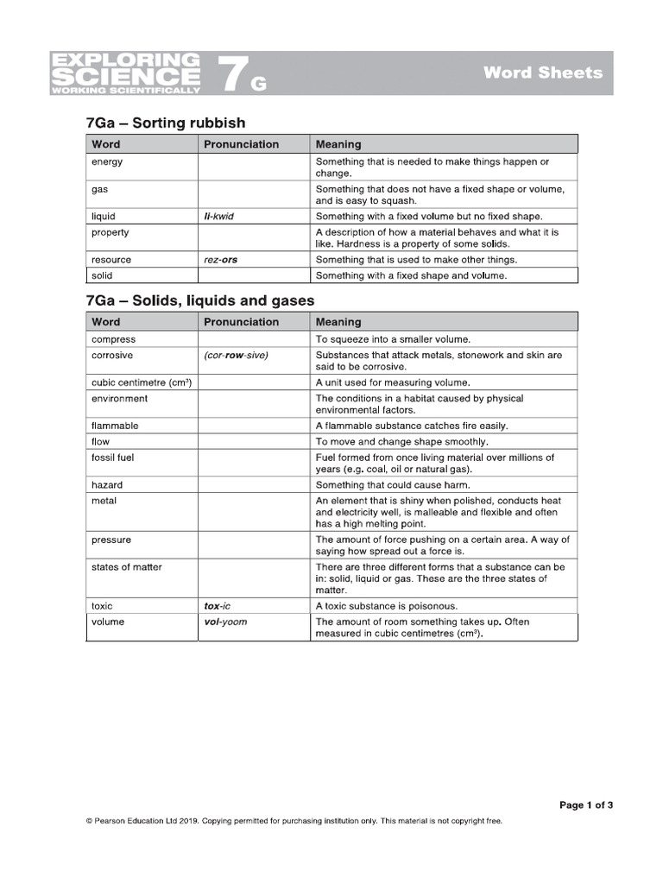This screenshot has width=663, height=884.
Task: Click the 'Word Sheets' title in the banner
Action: pyautogui.click(x=542, y=73)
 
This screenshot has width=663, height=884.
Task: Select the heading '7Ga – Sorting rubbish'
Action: pyautogui.click(x=166, y=123)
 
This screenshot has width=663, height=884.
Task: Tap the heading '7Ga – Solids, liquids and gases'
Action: pyautogui.click(x=200, y=300)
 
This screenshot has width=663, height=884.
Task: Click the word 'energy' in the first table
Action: pyautogui.click(x=107, y=162)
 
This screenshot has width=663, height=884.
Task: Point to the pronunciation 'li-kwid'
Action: pyautogui.click(x=218, y=217)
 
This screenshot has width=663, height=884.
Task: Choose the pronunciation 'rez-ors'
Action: pyautogui.click(x=220, y=260)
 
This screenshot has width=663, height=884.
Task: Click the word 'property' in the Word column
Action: pyautogui.click(x=110, y=233)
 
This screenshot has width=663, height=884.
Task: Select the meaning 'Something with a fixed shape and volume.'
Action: pyautogui.click(x=411, y=276)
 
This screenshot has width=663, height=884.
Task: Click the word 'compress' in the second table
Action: pyautogui.click(x=114, y=340)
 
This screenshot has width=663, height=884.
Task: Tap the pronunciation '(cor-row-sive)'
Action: pyautogui.click(x=236, y=356)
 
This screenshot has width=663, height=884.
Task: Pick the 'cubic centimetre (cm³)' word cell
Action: pyautogui.click(x=141, y=382)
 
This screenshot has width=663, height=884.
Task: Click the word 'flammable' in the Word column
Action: pyautogui.click(x=115, y=426)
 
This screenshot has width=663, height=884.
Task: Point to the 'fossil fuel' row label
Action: pyautogui.click(x=113, y=458)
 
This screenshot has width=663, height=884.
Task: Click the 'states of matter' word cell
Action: pyautogui.click(x=127, y=567)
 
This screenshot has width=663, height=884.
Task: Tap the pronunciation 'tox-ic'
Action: pyautogui.click(x=217, y=606)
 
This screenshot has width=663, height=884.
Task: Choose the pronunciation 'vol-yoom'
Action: pyautogui.click(x=225, y=622)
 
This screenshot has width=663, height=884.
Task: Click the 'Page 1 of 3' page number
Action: pyautogui.click(x=586, y=805)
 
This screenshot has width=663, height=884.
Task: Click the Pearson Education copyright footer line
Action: pyautogui.click(x=294, y=822)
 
